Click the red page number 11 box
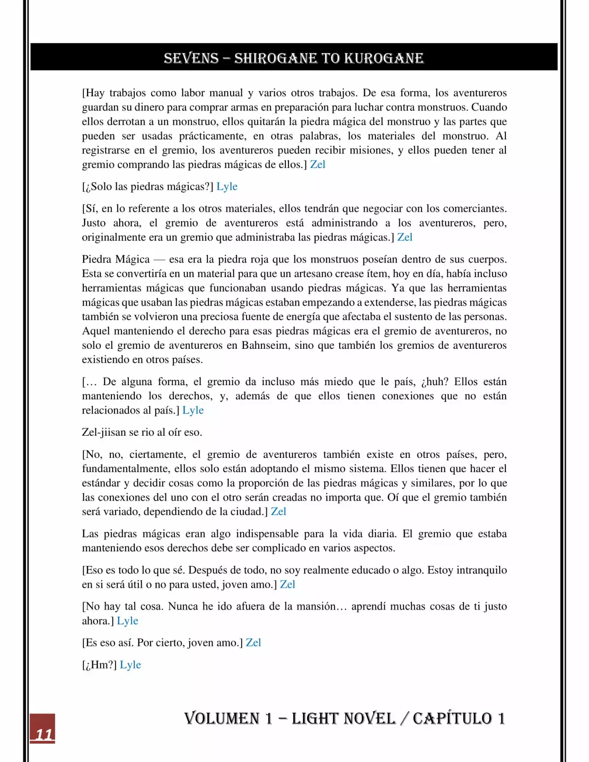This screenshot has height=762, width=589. click(42, 728)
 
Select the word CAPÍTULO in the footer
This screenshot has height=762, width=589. click(452, 718)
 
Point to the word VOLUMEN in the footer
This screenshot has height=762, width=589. click(222, 718)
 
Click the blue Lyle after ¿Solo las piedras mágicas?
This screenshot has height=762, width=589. click(227, 186)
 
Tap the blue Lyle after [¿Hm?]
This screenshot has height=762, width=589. click(130, 665)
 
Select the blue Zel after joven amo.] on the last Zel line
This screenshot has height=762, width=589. click(253, 643)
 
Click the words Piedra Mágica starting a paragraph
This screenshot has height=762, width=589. click(115, 260)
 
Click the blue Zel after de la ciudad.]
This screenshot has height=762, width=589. click(278, 512)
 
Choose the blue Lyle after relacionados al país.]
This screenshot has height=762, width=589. click(193, 410)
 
